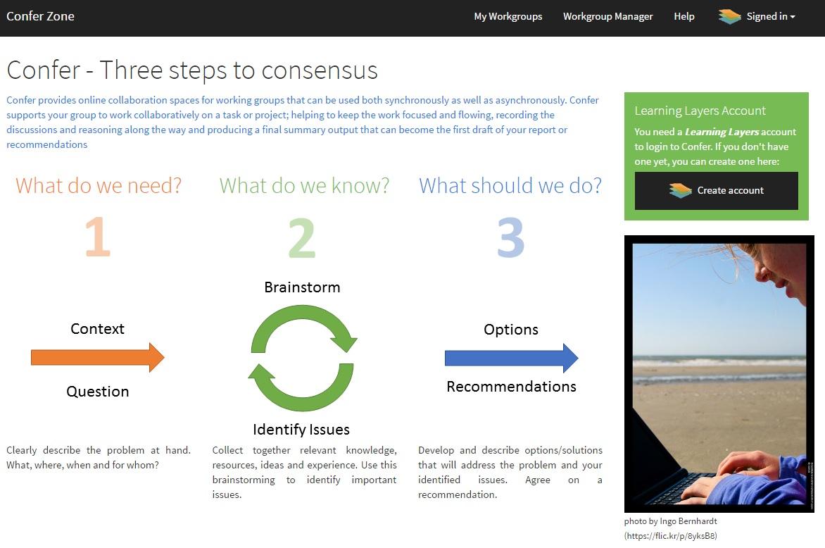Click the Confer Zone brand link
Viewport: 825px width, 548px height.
tap(40, 16)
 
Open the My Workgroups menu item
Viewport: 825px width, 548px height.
tap(508, 16)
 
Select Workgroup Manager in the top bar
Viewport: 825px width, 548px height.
tap(607, 16)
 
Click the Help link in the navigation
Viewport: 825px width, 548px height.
tap(684, 16)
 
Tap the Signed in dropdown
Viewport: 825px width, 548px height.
tap(757, 16)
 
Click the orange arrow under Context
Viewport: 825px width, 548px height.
tap(98, 357)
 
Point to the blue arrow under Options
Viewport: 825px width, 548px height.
tap(512, 359)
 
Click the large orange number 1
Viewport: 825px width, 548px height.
tap(99, 237)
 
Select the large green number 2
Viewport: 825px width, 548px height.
tap(302, 238)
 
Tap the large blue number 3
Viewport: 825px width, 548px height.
tap(511, 238)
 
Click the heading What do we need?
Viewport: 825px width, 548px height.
tap(99, 186)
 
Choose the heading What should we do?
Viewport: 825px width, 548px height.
tap(510, 186)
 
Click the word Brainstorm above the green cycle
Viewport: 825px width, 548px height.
tap(302, 287)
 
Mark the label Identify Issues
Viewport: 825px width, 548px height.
tap(301, 430)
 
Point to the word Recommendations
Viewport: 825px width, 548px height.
tap(512, 387)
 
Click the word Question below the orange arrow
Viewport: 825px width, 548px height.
tap(98, 391)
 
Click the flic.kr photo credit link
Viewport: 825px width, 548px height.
tap(670, 536)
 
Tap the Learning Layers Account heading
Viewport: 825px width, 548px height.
tap(700, 111)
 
